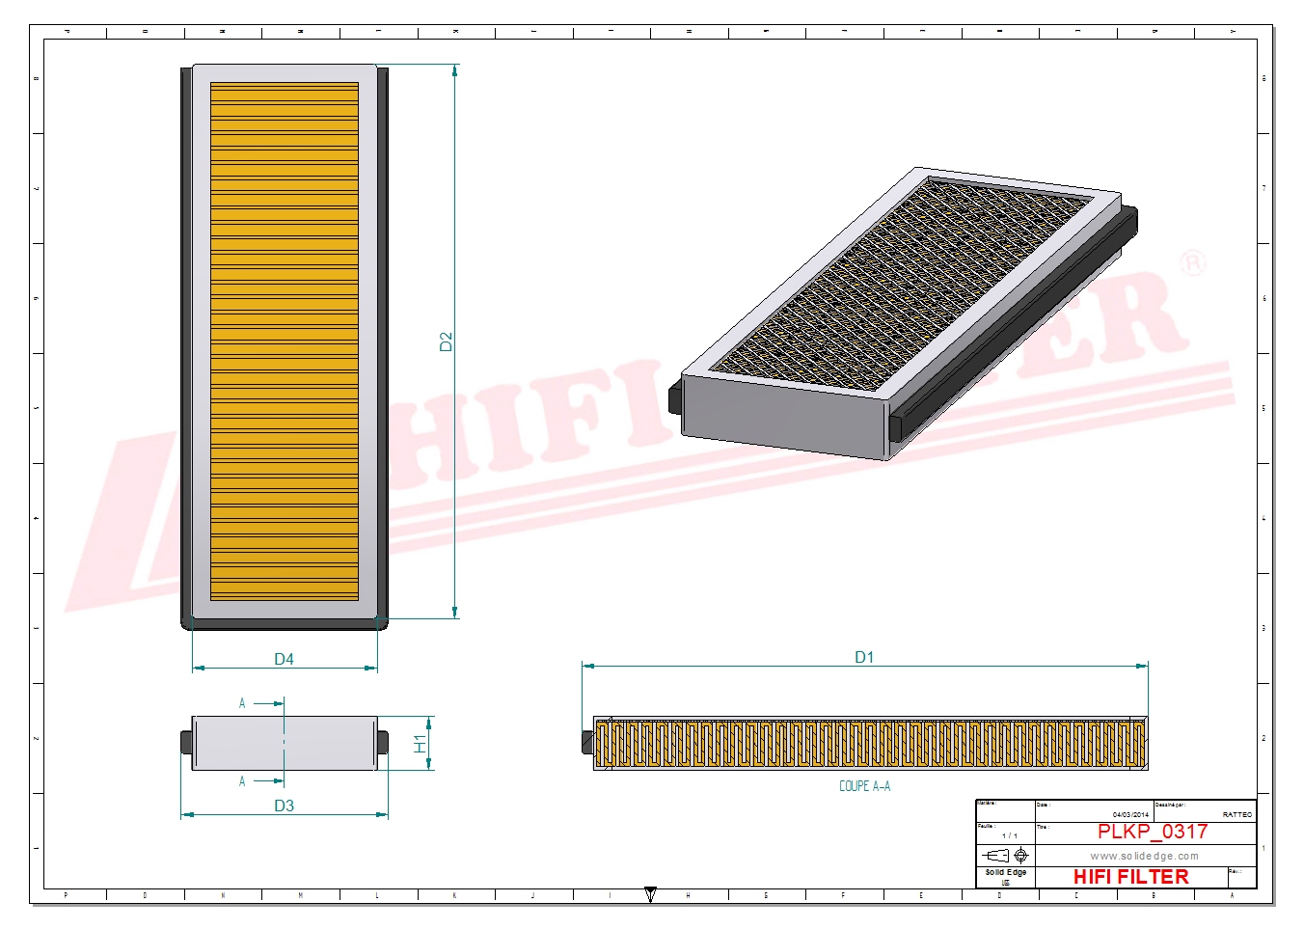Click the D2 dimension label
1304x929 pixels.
click(x=446, y=342)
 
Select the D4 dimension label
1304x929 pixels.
click(x=284, y=659)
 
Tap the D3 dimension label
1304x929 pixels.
click(x=284, y=806)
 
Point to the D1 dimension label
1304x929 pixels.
click(x=864, y=657)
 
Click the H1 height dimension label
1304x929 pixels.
click(x=421, y=743)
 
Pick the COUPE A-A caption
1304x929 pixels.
click(x=864, y=786)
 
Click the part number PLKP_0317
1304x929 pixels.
click(x=1152, y=832)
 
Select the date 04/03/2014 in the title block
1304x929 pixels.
click(x=1130, y=815)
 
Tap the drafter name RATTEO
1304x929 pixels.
click(x=1236, y=815)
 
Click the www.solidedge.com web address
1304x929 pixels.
click(x=1144, y=856)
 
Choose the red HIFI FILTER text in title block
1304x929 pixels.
click(x=1130, y=877)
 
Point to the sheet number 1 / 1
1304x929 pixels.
click(x=1009, y=835)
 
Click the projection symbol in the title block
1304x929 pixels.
click(x=1005, y=856)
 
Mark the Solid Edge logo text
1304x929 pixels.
click(x=1005, y=872)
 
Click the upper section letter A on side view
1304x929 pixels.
click(x=242, y=704)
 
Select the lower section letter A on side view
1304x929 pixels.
click(x=242, y=781)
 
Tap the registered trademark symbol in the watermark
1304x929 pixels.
click(x=1192, y=262)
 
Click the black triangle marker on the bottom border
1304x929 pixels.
click(x=650, y=894)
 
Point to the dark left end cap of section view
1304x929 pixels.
click(x=586, y=742)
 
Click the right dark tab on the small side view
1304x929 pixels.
click(x=383, y=743)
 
